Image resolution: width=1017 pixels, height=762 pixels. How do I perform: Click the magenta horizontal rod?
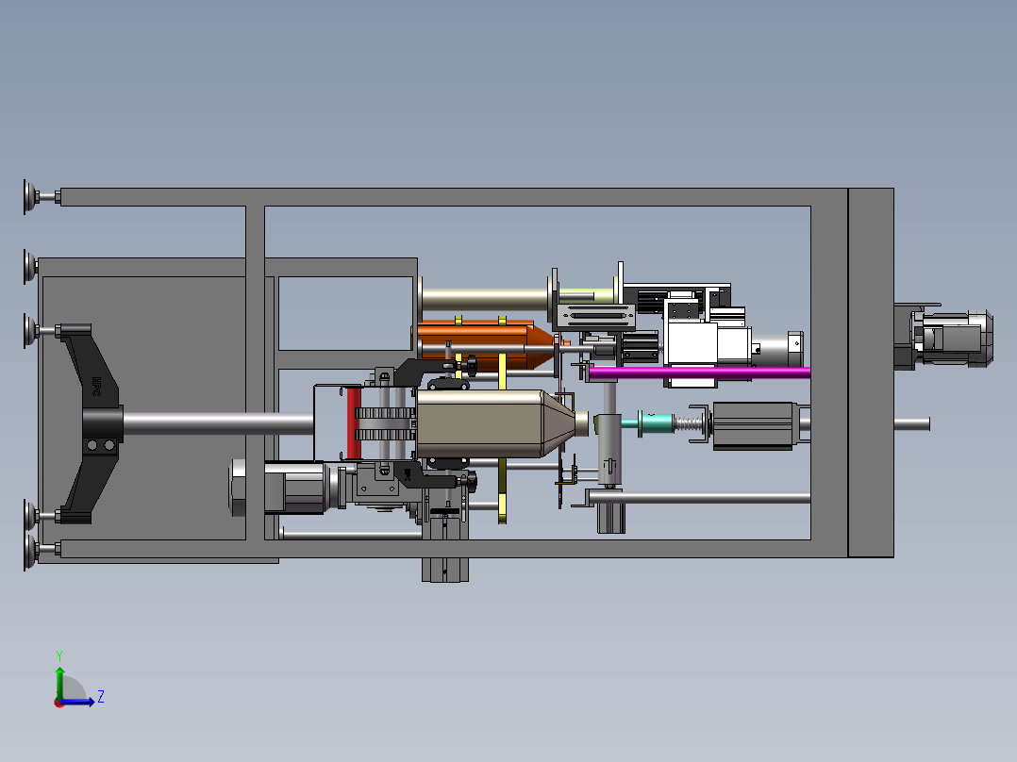[x=698, y=373]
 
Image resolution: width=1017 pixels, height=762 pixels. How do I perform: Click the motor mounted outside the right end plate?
[x=948, y=339]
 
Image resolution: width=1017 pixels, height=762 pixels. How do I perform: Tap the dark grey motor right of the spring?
[x=755, y=424]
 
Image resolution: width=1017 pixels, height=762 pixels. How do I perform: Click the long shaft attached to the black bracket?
[x=217, y=423]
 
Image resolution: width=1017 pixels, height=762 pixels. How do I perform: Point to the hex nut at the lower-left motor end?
[x=238, y=488]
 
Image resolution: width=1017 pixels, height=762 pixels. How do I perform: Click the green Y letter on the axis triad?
[x=58, y=654]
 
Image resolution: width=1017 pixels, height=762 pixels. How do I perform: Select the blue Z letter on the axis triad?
[x=100, y=697]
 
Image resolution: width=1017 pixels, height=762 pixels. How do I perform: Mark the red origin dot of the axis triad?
[x=58, y=702]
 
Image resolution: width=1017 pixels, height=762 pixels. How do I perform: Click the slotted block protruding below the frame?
[x=445, y=570]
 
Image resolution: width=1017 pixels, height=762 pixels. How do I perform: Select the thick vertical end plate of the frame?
[x=870, y=373]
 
